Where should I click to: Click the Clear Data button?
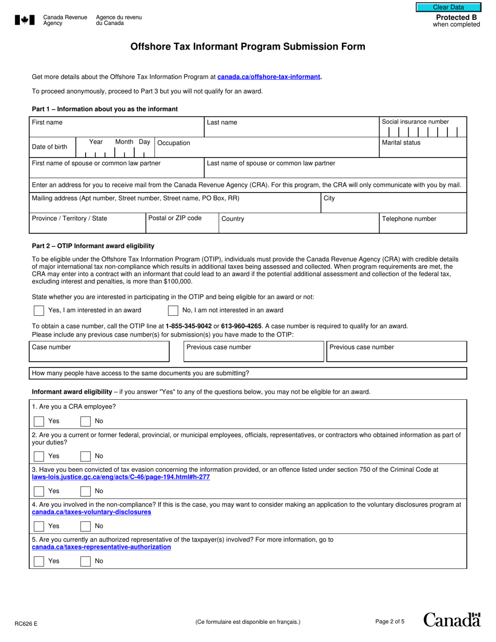448,7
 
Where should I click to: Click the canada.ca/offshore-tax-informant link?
268,77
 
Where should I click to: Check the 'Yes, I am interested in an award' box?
39,311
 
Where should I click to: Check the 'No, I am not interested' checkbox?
173,311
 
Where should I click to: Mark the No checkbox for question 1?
86,421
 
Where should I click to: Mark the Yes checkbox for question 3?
39,491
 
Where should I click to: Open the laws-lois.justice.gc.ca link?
121,477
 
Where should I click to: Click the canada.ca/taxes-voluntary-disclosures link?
91,512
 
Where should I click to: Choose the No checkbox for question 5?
86,561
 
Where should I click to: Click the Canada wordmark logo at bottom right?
452,620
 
